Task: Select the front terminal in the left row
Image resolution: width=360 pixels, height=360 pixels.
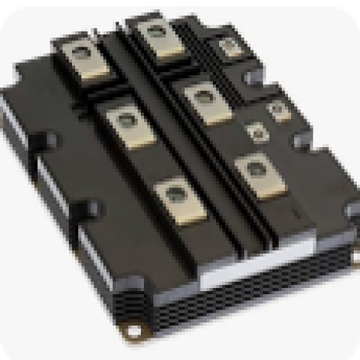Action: click(177, 197)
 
